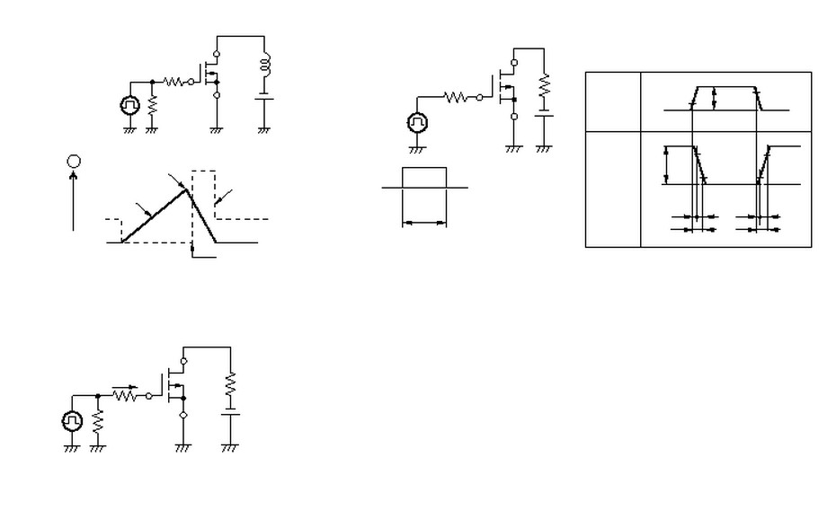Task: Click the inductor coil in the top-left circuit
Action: pos(264,66)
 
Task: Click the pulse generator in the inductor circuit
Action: pos(130,106)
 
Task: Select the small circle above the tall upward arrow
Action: pos(74,161)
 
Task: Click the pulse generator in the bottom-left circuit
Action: pos(72,420)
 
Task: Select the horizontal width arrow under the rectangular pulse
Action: pos(423,223)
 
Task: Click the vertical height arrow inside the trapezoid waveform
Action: pos(713,98)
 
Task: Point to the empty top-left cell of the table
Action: pos(612,101)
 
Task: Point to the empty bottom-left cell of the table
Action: pos(612,189)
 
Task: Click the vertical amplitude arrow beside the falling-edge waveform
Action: pos(666,164)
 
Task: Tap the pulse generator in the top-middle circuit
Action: pos(418,121)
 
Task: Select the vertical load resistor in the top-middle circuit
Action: pos(543,87)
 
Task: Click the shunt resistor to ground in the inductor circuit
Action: pos(152,105)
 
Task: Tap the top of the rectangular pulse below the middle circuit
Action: pos(423,168)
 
